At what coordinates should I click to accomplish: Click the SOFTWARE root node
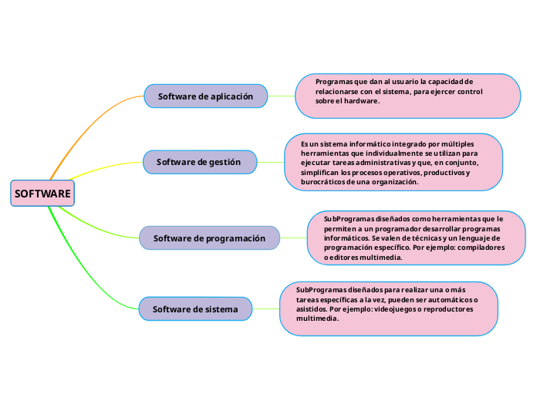point(42,193)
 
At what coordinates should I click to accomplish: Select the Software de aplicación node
point(205,96)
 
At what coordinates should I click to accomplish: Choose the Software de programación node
point(209,238)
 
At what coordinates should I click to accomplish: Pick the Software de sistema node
point(195,309)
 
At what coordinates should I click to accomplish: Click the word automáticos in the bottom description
point(450,298)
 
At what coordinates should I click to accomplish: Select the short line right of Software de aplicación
point(282,96)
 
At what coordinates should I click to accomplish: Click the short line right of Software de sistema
point(265,309)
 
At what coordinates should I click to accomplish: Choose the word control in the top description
point(469,91)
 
